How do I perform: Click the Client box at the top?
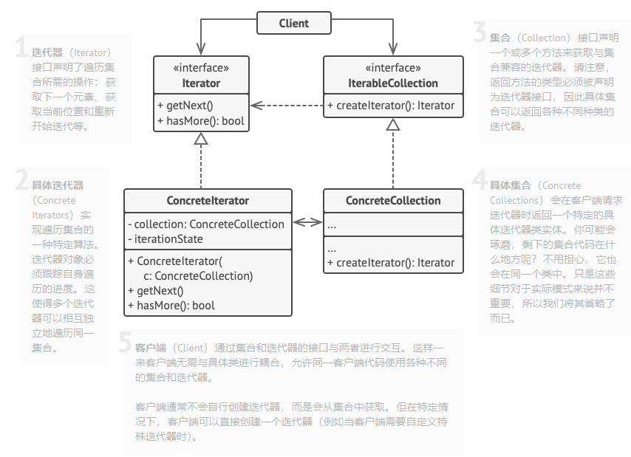tap(293, 24)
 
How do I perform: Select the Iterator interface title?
tap(201, 83)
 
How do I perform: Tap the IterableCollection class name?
tap(393, 83)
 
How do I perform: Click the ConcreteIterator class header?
tap(208, 201)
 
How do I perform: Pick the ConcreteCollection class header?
tap(393, 201)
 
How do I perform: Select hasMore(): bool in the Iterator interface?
tap(200, 121)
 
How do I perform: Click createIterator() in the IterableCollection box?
tap(395, 106)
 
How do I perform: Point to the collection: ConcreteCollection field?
tap(206, 224)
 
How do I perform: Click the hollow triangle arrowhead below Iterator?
tap(201, 138)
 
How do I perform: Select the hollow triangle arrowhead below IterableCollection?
tap(393, 124)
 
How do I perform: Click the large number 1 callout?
tap(21, 47)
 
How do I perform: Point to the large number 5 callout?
tap(125, 342)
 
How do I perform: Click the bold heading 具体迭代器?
tap(58, 185)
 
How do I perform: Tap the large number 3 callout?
tap(480, 32)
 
